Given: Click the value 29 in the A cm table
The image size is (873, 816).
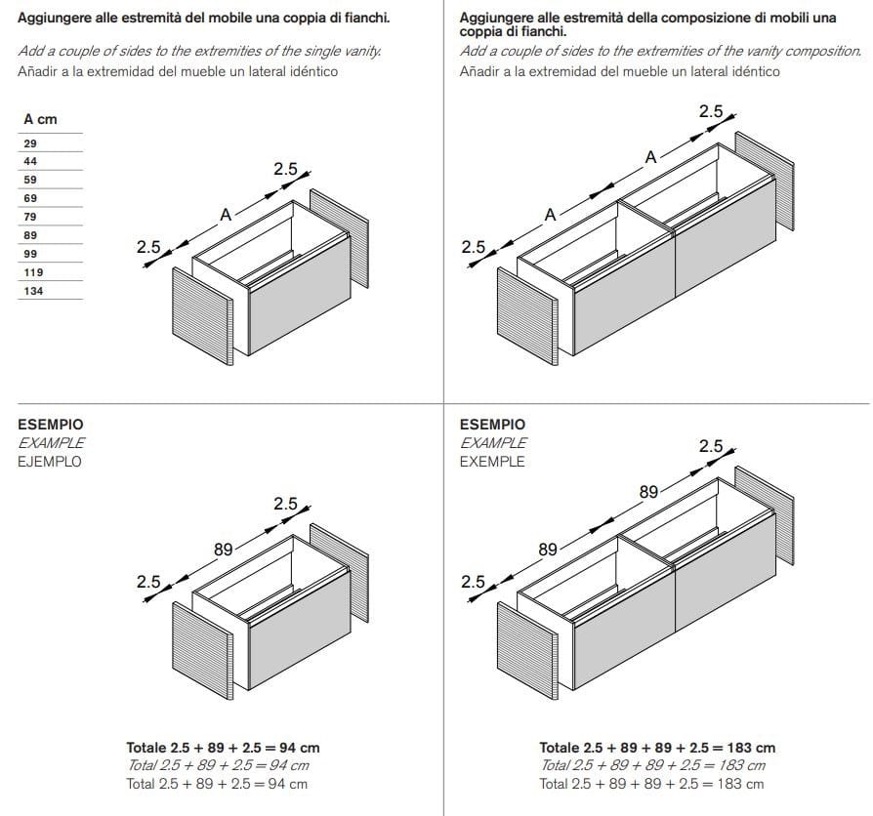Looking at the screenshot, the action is pyautogui.click(x=30, y=143).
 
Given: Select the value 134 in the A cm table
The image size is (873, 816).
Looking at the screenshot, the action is pyautogui.click(x=33, y=291).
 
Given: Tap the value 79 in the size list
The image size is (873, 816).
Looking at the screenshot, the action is pyautogui.click(x=30, y=217).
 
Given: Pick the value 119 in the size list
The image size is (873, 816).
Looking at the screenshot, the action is pyautogui.click(x=33, y=272).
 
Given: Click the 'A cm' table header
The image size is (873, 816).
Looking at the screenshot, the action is pyautogui.click(x=40, y=119).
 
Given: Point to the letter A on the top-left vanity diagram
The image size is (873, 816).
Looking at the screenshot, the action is pyautogui.click(x=226, y=215).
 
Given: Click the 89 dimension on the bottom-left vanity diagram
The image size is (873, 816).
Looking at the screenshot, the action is pyautogui.click(x=224, y=550).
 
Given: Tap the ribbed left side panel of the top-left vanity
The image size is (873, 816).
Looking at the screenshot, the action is pyautogui.click(x=203, y=316).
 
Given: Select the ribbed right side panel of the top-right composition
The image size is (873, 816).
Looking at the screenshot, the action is pyautogui.click(x=765, y=181).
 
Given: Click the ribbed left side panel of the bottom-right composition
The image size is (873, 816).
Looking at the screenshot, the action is pyautogui.click(x=527, y=651).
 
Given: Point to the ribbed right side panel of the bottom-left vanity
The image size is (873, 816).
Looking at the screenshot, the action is pyautogui.click(x=339, y=573).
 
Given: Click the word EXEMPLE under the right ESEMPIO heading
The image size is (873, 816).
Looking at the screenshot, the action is pyautogui.click(x=492, y=462).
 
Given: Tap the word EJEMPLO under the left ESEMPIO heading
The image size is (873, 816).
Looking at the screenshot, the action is pyautogui.click(x=50, y=462).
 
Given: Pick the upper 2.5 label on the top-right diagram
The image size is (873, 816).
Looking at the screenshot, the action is pyautogui.click(x=711, y=111).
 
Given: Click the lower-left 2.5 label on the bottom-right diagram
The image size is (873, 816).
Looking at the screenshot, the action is pyautogui.click(x=473, y=582).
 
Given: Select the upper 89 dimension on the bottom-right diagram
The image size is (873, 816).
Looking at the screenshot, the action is pyautogui.click(x=648, y=492).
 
